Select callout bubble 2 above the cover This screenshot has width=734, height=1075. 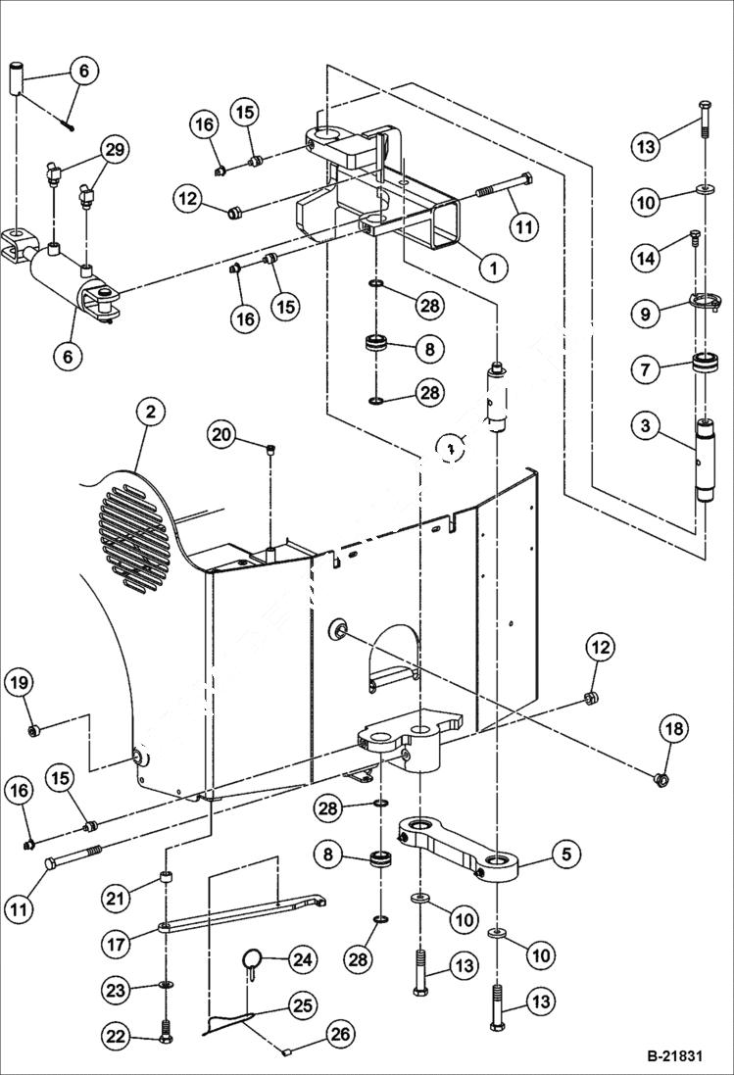[x=150, y=413]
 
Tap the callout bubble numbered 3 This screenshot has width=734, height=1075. [x=644, y=425]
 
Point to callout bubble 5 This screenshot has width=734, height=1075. [x=564, y=854]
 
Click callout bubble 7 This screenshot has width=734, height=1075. [x=644, y=370]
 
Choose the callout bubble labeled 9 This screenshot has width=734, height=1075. [x=644, y=316]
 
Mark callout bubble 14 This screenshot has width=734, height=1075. [x=644, y=259]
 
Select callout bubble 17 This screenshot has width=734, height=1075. [x=119, y=945]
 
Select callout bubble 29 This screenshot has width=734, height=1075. [x=115, y=149]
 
